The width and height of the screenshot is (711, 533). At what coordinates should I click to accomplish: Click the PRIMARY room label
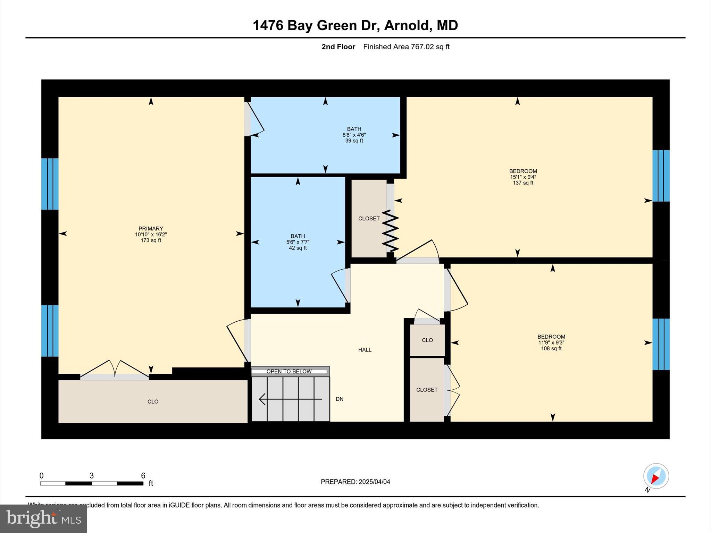[x=151, y=228]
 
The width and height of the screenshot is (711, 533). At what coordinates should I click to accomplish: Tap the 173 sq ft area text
[x=151, y=240]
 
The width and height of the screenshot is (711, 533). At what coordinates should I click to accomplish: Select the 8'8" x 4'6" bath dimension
[x=354, y=135]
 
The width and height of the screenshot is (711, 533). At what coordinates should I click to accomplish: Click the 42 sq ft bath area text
[x=298, y=248]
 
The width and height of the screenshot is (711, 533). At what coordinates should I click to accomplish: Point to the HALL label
[x=365, y=350]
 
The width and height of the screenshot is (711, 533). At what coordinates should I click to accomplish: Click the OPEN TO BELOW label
[x=289, y=372]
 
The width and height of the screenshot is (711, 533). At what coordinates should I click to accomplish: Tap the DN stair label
[x=340, y=399]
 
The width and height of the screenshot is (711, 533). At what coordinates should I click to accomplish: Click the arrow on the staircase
[x=290, y=399]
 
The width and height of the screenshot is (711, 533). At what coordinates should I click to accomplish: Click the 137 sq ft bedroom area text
[x=523, y=183]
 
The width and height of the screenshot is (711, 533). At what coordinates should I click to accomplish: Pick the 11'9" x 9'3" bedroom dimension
[x=551, y=342]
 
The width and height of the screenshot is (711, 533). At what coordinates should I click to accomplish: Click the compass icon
[x=656, y=476]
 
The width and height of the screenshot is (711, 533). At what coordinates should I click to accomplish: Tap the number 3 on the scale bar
[x=92, y=476]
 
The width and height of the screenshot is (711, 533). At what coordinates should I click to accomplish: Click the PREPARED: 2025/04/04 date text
[x=355, y=482]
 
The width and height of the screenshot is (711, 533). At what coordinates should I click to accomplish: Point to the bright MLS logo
[x=43, y=518]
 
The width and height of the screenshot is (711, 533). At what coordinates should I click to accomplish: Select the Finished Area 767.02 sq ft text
[x=406, y=47]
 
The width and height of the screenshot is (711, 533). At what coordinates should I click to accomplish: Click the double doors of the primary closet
[x=115, y=370]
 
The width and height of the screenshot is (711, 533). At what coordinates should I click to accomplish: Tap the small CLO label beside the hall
[x=427, y=340]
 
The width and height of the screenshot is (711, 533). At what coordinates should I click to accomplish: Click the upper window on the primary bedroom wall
[x=50, y=184]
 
